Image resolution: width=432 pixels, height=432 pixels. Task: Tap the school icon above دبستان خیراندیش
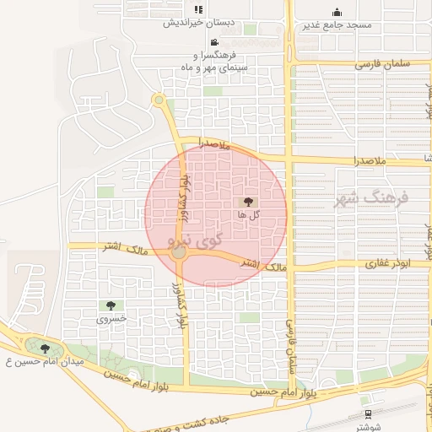pos(197,10)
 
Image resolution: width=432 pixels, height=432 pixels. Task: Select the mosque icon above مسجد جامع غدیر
pos(337,12)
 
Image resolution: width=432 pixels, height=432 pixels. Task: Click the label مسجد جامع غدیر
pos(337,25)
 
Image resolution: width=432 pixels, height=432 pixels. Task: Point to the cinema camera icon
pos(214,43)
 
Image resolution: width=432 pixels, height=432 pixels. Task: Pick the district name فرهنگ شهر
pos(371,198)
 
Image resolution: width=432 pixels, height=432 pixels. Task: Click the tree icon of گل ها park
pos(248,202)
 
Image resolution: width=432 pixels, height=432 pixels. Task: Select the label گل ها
pos(248,216)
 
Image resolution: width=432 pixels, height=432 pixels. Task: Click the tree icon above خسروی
pos(110,305)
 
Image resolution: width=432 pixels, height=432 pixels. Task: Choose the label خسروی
pos(111,319)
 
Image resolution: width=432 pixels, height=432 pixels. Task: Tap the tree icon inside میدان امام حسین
pos(45,348)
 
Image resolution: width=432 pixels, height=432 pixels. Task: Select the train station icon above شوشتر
pos(368,414)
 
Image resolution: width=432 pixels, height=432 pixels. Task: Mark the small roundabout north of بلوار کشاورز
pos(158,100)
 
